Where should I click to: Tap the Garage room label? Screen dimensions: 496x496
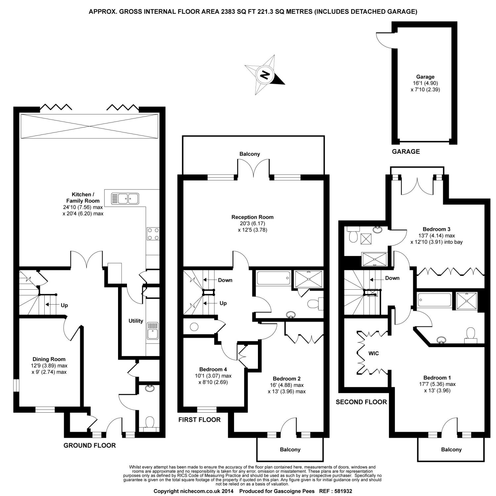(x=425, y=77)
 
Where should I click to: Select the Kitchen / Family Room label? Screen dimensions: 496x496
(x=83, y=197)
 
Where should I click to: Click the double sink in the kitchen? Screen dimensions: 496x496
(x=125, y=198)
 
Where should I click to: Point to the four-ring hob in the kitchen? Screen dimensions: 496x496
(x=153, y=234)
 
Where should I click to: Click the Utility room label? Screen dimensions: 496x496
(x=136, y=321)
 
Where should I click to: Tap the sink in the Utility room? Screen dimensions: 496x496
(x=152, y=331)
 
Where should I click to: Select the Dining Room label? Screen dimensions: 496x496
(x=49, y=359)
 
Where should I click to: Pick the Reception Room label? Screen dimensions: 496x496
(x=253, y=217)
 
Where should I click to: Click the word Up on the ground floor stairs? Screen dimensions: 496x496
(x=64, y=305)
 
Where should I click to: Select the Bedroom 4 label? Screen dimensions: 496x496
(x=213, y=369)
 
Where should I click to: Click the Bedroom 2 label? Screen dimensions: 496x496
(x=287, y=379)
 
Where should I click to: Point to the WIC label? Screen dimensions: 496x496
(x=373, y=353)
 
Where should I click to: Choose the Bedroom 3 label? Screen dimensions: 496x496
(x=436, y=229)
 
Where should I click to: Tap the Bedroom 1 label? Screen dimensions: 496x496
(x=437, y=378)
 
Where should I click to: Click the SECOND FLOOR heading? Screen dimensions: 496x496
(x=361, y=402)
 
